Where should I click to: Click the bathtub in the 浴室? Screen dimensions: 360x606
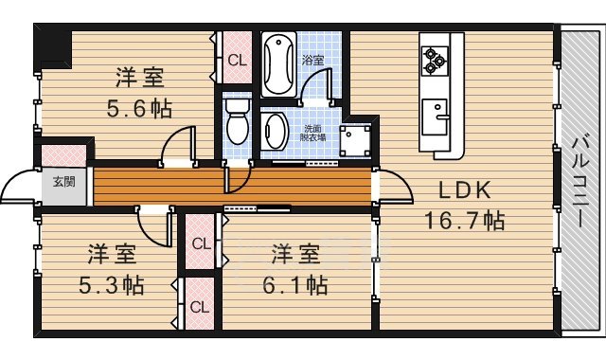pyautogui.click(x=278, y=64)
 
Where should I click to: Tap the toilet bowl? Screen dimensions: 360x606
pyautogui.click(x=238, y=121)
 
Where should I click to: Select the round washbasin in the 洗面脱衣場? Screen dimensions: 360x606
pyautogui.click(x=276, y=131)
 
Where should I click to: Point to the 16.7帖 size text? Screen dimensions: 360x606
pyautogui.click(x=463, y=223)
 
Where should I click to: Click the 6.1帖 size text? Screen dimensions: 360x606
pyautogui.click(x=293, y=284)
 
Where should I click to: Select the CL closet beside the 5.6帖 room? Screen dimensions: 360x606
pyautogui.click(x=236, y=60)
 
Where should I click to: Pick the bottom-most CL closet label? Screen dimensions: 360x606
pyautogui.click(x=199, y=307)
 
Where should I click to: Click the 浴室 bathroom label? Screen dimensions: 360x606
pyautogui.click(x=312, y=60)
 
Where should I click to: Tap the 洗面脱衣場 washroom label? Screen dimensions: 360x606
pyautogui.click(x=315, y=132)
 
